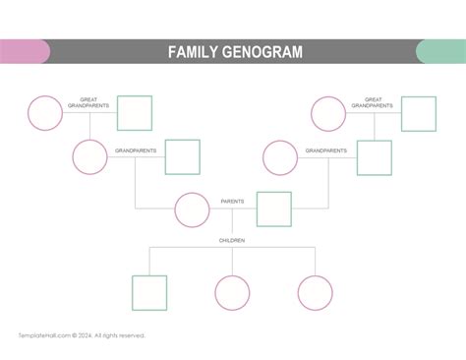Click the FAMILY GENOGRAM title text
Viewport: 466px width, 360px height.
(x=234, y=52)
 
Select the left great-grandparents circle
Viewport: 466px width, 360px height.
(x=44, y=113)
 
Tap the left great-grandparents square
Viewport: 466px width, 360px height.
(x=135, y=113)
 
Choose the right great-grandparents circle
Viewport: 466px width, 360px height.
(x=328, y=113)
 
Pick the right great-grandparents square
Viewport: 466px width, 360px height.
(x=418, y=113)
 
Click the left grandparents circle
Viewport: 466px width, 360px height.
(x=89, y=157)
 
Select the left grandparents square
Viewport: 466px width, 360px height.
(x=182, y=157)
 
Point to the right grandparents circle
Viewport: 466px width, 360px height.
(x=280, y=157)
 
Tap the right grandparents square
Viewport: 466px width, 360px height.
(x=374, y=157)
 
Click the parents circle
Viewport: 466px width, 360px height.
(x=192, y=210)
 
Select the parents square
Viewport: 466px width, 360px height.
(x=274, y=210)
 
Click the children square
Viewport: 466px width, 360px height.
(x=149, y=292)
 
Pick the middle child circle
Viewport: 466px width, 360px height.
(x=232, y=292)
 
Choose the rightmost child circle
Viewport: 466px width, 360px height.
(x=316, y=292)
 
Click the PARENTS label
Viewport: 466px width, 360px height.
(x=233, y=202)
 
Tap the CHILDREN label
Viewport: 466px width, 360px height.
(x=232, y=240)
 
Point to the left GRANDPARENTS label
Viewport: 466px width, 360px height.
(x=136, y=150)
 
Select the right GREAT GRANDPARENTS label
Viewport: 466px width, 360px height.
(x=373, y=102)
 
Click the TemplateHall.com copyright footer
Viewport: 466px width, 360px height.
(x=82, y=335)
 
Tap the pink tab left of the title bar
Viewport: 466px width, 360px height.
(x=24, y=52)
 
